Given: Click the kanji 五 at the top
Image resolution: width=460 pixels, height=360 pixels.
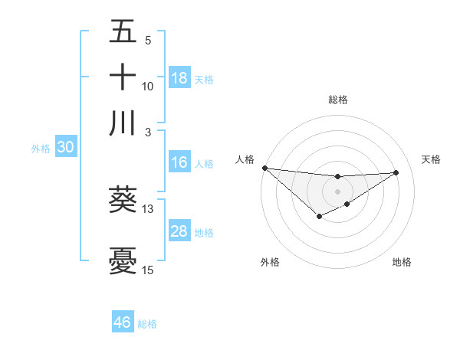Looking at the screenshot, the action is tap(123, 32).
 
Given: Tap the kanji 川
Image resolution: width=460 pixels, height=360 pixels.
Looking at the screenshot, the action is tap(123, 123).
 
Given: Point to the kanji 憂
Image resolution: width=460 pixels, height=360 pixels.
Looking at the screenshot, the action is tap(123, 260).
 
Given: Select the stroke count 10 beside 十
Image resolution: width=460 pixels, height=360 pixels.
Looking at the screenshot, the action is tap(148, 87).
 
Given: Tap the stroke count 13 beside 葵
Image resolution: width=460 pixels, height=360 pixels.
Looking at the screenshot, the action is tap(148, 208).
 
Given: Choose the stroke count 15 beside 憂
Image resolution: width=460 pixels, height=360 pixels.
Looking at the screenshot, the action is tap(148, 270).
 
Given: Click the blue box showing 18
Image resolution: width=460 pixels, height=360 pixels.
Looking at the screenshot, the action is tap(179, 77).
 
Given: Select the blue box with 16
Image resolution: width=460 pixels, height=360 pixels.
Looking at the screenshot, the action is tap(179, 162).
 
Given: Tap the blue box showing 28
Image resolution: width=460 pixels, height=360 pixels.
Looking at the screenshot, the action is tap(179, 231).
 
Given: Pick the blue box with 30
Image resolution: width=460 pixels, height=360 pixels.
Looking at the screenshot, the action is tap(65, 147).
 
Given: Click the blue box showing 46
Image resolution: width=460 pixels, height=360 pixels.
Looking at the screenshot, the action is tap(123, 322).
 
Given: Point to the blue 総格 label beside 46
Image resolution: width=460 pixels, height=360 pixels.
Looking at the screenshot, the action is tap(147, 324).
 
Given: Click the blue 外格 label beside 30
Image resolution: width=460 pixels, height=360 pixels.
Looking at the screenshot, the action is tap(41, 149).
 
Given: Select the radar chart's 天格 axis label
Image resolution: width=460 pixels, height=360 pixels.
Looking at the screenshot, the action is tap(431, 159).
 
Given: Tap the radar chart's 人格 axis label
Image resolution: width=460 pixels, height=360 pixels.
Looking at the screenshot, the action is tap(245, 159).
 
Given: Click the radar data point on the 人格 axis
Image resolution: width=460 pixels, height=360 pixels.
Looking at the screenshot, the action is tap(264, 168).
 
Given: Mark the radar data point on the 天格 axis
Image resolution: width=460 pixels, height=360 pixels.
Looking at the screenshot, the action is tap(396, 172).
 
